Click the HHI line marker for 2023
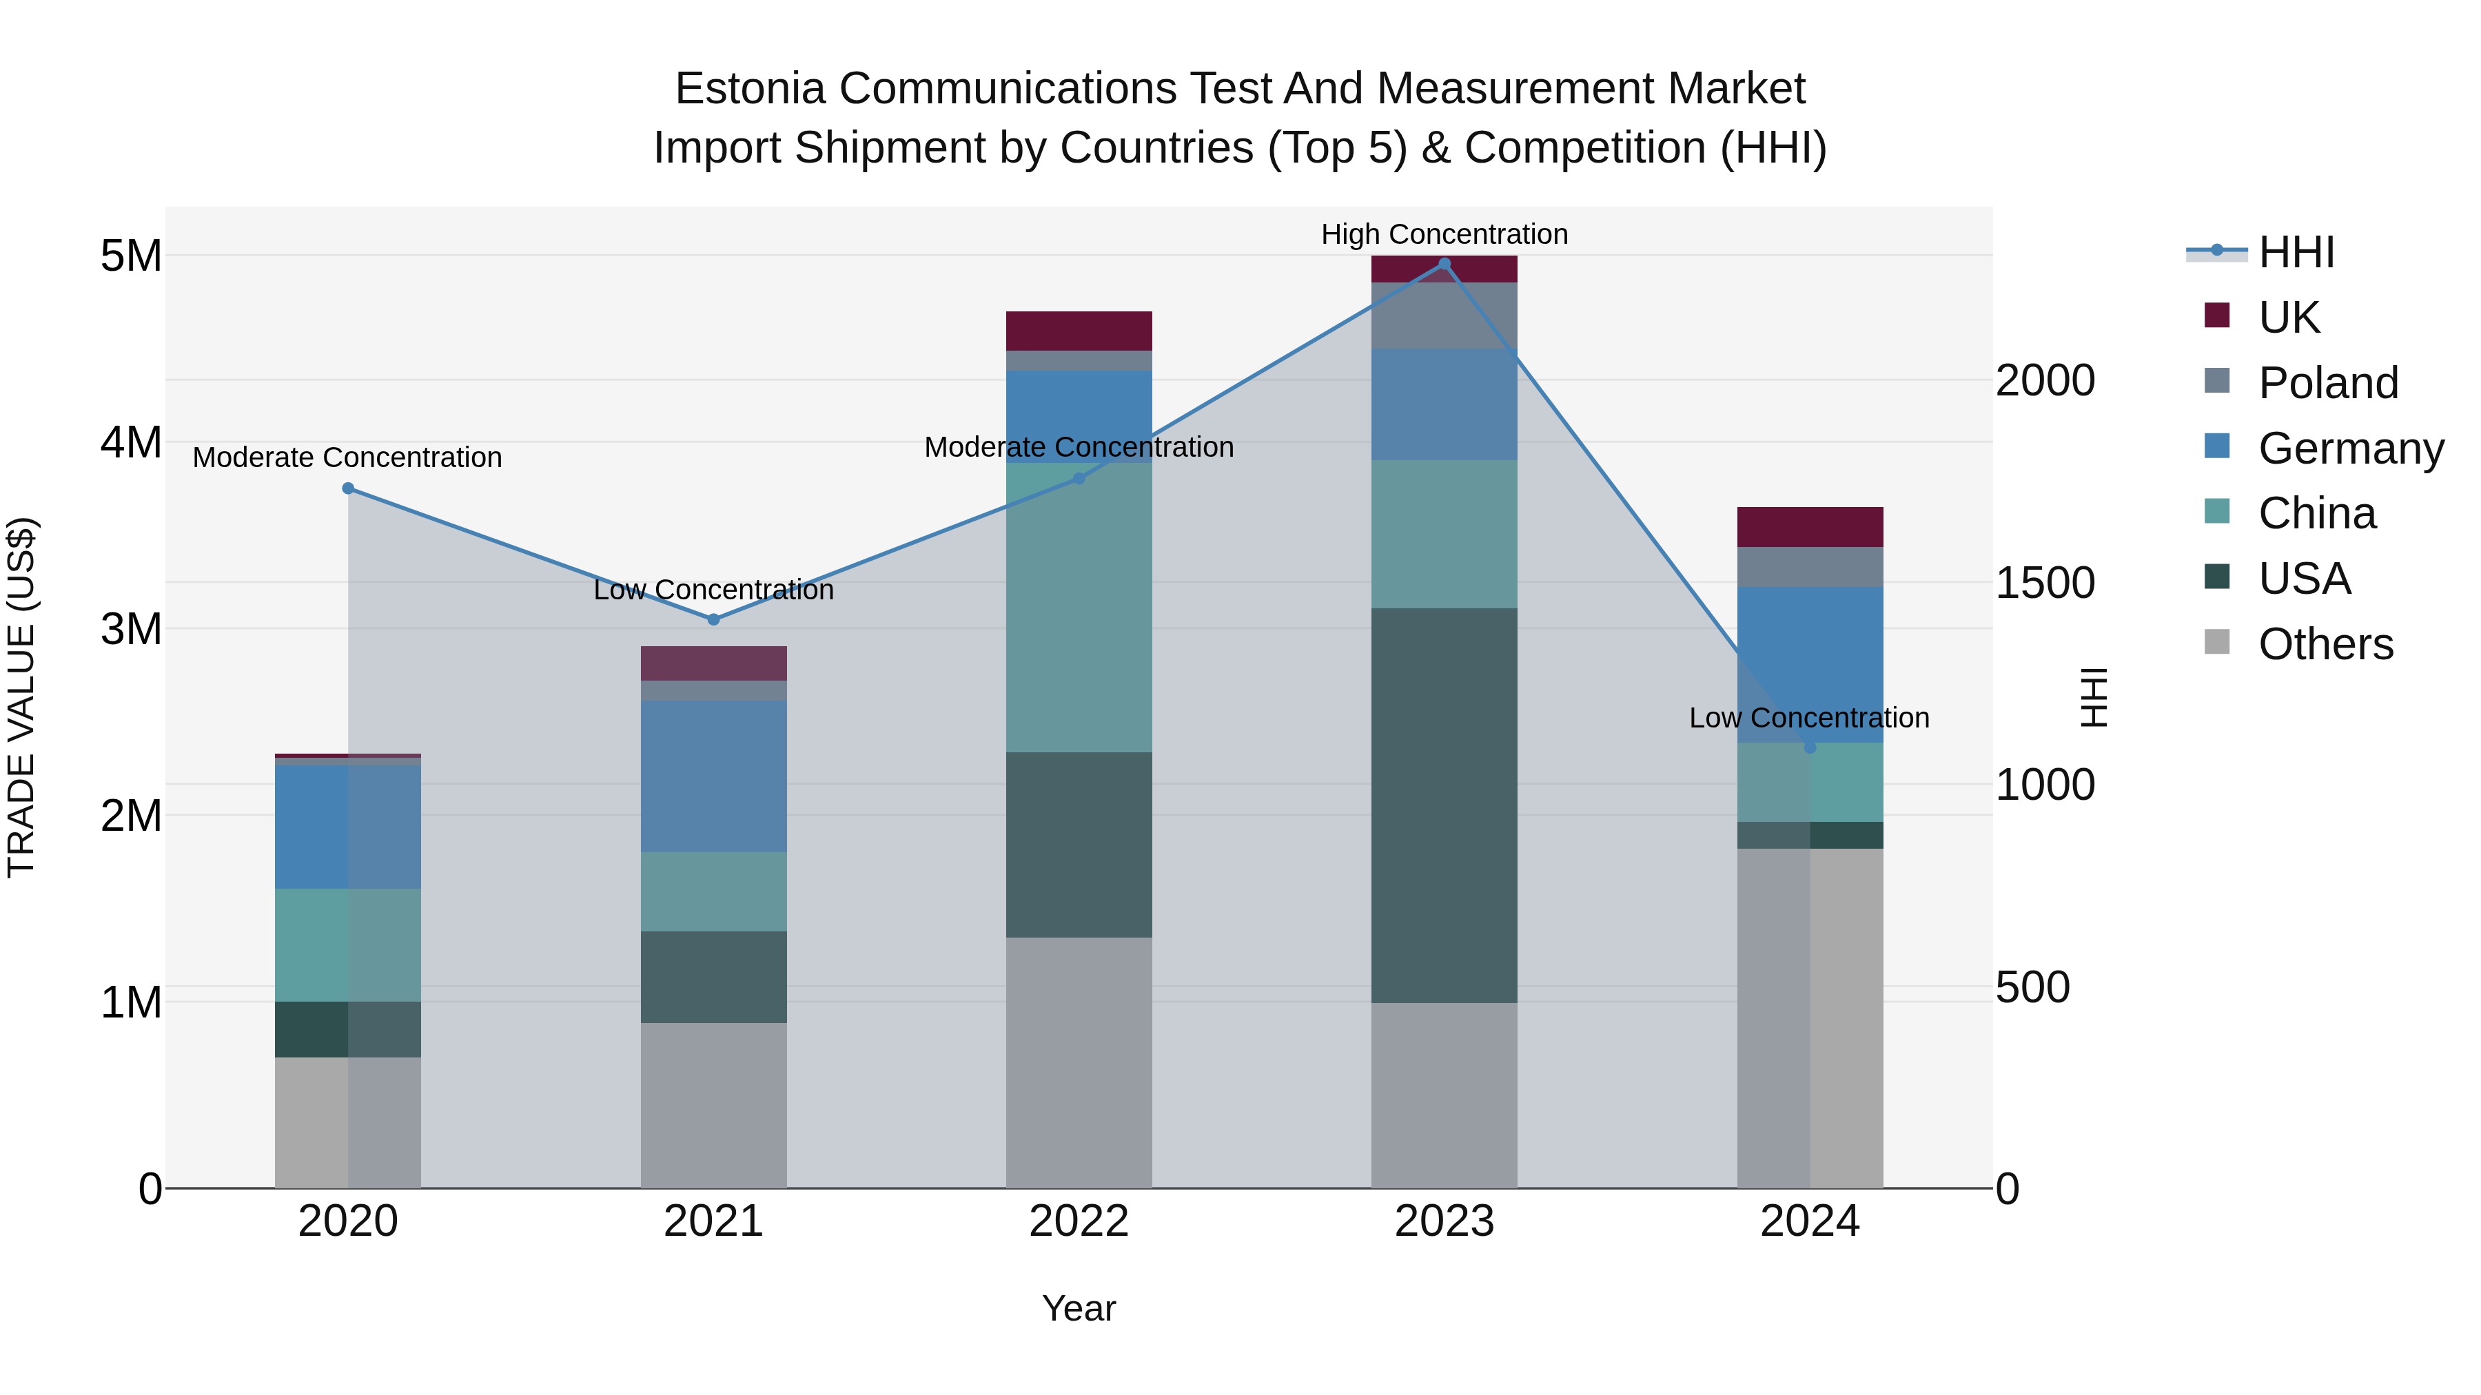(x=1444, y=264)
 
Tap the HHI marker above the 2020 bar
(x=349, y=488)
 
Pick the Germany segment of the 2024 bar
(x=1810, y=664)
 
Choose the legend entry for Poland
(x=2327, y=383)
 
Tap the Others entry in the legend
(x=2325, y=644)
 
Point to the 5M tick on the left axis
(x=131, y=256)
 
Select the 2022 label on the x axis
(x=1079, y=1221)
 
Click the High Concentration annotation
(x=1444, y=234)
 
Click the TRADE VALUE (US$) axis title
(x=21, y=697)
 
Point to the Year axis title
(x=1079, y=1308)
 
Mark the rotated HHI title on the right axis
(x=2094, y=697)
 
